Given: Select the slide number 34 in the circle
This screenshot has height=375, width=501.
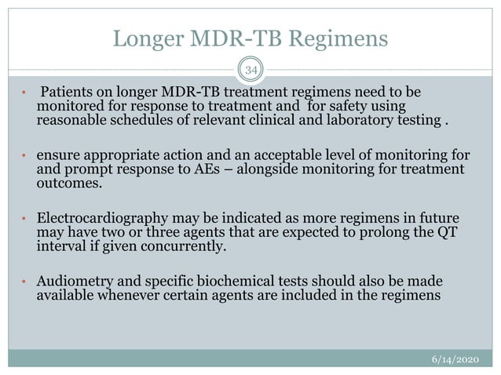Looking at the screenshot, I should (x=251, y=71).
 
